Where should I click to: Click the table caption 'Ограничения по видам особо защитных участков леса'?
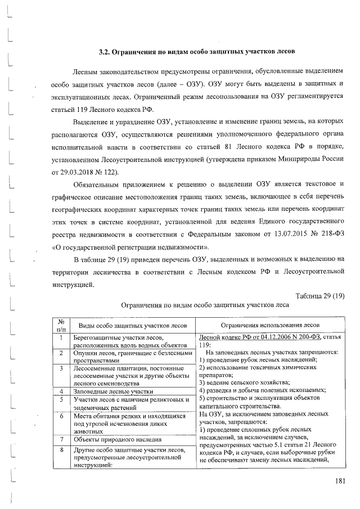tap(205, 305)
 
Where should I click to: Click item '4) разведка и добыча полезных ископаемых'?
tap(254, 390)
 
